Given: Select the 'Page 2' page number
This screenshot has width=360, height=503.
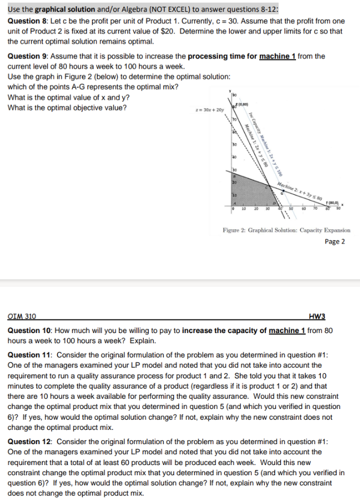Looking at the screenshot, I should click(x=337, y=242).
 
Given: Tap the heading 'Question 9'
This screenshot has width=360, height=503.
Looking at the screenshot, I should click(x=28, y=56).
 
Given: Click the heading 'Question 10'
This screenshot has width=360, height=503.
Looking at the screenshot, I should click(x=31, y=330).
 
